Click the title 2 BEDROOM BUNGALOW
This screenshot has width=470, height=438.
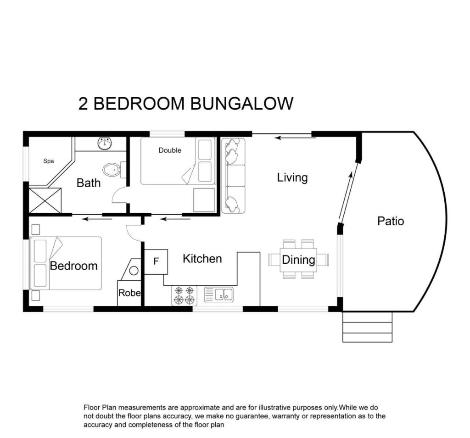point(185,103)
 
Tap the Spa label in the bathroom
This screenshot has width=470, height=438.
point(49,161)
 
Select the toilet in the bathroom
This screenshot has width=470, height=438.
point(112,171)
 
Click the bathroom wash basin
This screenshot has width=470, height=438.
point(105,144)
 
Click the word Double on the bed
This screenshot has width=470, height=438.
point(170,150)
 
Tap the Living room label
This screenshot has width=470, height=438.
point(292,177)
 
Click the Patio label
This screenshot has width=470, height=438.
point(391,221)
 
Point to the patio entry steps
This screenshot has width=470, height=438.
point(367,327)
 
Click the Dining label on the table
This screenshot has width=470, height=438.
point(298,260)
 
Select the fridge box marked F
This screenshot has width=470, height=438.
point(156,261)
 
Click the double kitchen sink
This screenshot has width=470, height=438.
point(219,294)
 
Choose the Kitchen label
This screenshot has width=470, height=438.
point(202,259)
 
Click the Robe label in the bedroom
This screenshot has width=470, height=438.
point(129,293)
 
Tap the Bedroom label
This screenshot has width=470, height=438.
point(73,266)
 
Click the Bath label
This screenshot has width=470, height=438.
point(89,183)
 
